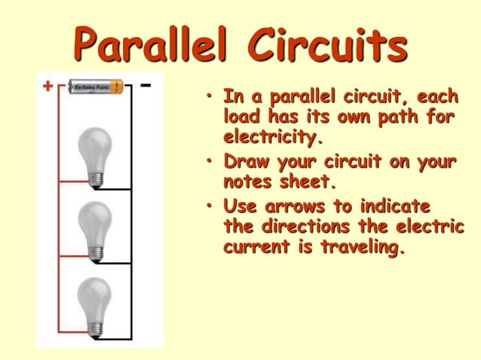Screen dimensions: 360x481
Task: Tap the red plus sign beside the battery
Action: tap(47, 86)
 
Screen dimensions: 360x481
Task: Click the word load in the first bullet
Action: tap(240, 117)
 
